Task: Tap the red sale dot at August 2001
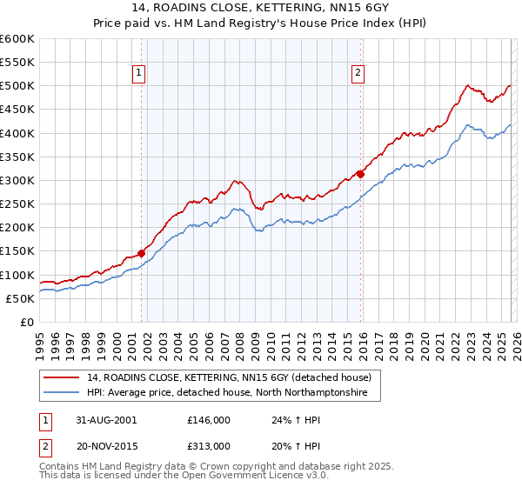click(x=142, y=253)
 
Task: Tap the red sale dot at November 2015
click(x=360, y=174)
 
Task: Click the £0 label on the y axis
click(x=26, y=322)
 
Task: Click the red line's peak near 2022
click(x=468, y=85)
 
